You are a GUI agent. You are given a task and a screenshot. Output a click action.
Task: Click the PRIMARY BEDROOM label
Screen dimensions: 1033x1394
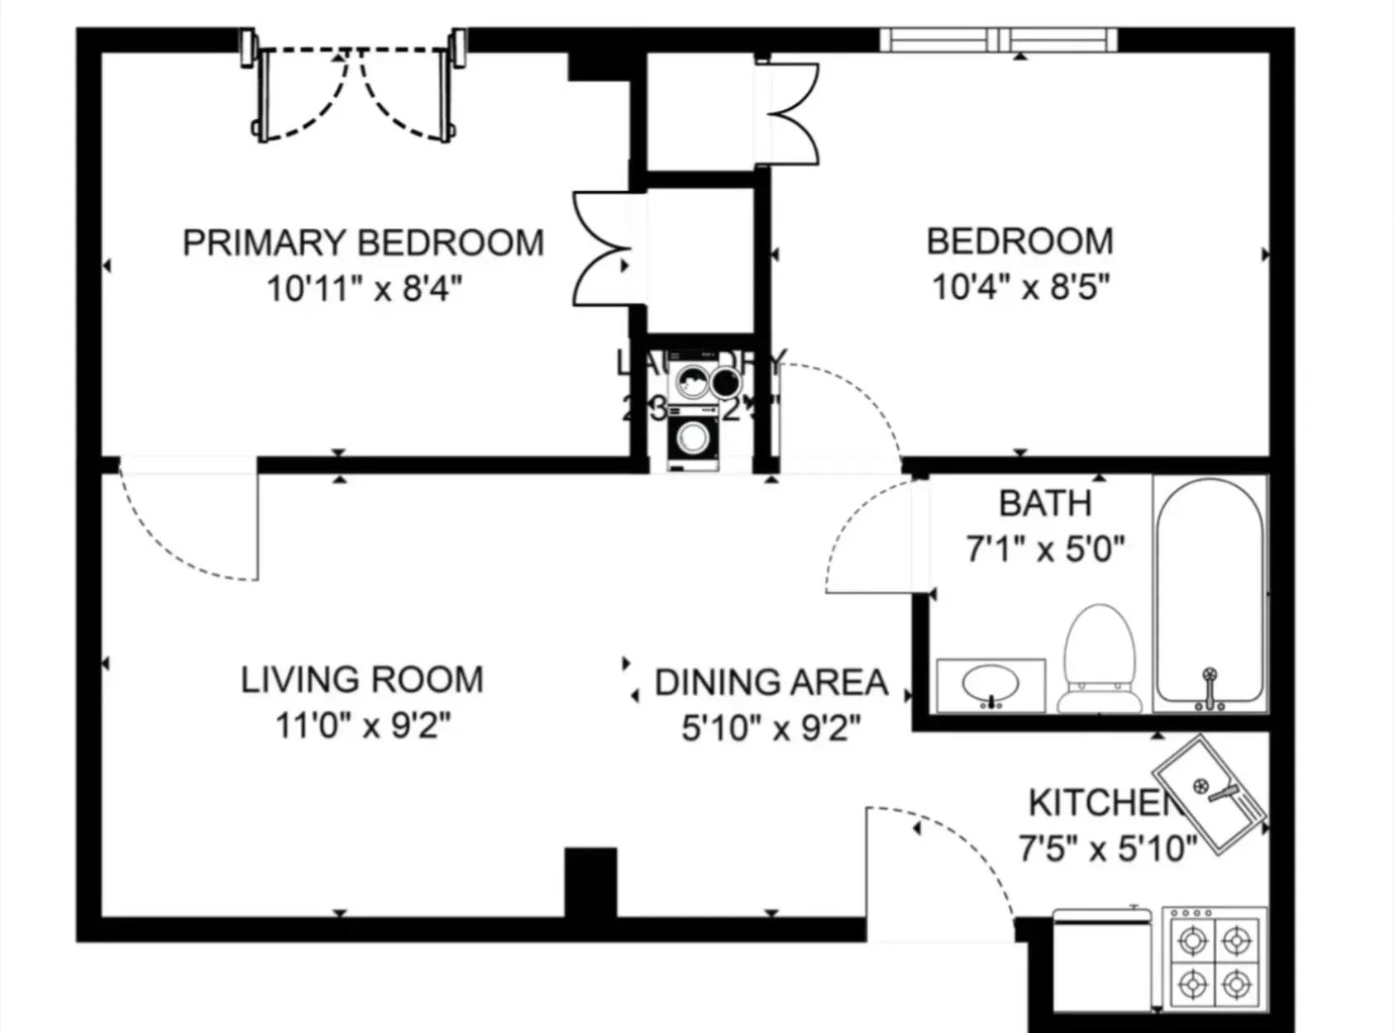point(363,243)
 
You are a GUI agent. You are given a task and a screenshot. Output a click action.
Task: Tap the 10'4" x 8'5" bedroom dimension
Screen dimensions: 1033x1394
point(1019,288)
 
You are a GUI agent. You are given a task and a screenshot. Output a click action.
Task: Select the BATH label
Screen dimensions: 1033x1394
point(1045,503)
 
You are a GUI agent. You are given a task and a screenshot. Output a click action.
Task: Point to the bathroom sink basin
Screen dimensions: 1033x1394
point(990,684)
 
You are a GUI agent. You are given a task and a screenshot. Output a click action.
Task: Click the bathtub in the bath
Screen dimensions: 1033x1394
point(1209,591)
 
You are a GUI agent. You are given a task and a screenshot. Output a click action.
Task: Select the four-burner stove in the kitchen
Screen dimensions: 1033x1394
point(1214,962)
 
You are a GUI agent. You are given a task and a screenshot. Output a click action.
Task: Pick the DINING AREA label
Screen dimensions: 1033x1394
point(771,683)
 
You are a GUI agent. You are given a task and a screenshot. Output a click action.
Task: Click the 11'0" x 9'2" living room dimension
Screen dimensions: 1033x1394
point(362,726)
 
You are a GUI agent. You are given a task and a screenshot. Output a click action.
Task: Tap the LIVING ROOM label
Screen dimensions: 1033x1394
point(362,680)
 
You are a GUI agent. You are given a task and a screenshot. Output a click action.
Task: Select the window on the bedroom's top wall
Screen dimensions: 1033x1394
point(998,39)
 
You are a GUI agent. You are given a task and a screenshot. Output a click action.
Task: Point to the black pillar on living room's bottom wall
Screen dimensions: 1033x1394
point(590,882)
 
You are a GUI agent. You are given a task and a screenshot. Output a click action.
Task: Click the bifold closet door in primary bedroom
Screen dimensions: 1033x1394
point(602,248)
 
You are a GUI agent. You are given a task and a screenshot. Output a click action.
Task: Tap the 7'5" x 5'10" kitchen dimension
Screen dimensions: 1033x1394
point(1107,848)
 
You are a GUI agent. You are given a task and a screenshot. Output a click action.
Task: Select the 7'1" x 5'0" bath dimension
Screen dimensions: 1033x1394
point(1045,549)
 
